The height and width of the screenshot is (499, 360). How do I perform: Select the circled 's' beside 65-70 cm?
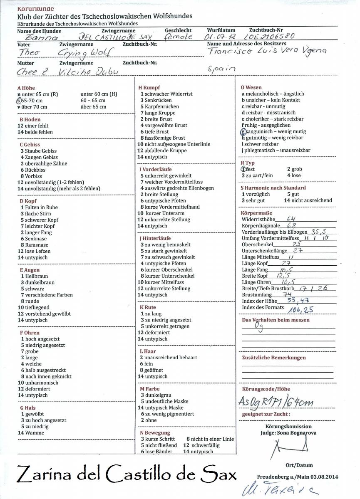click(x=18, y=100)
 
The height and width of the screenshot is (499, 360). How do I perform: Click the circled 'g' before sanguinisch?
click(x=243, y=131)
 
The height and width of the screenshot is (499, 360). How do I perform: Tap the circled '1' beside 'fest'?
click(x=244, y=169)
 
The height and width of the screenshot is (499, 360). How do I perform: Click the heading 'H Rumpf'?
click(x=149, y=88)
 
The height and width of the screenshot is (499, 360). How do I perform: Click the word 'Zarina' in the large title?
click(x=45, y=474)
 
